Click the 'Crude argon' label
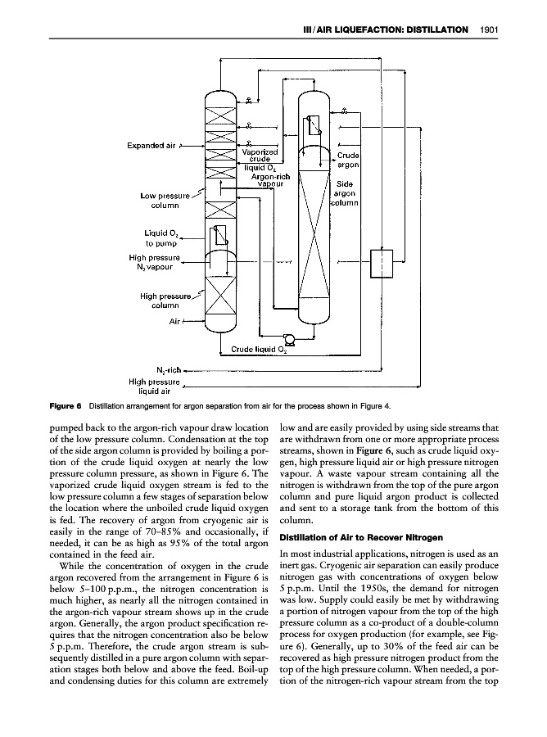(348, 161)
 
